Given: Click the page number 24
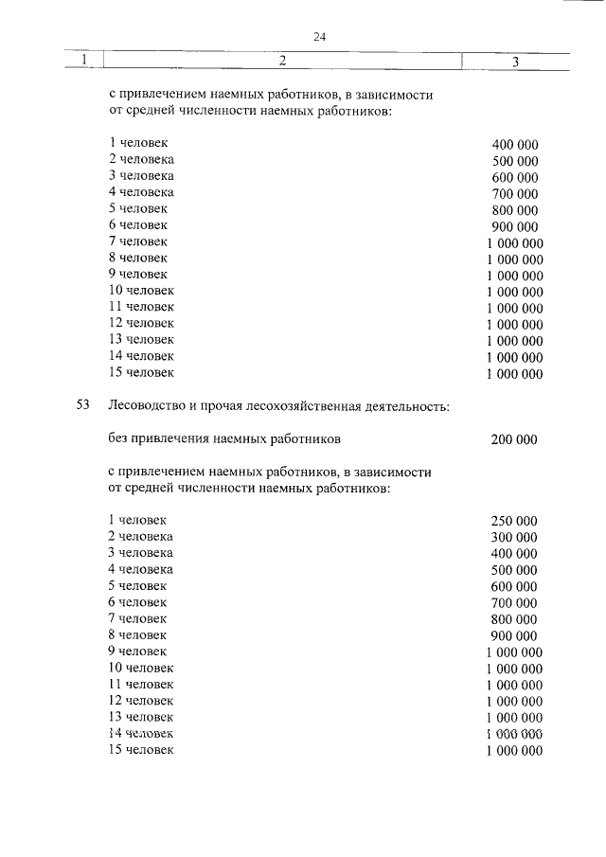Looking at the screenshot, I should coord(319,37).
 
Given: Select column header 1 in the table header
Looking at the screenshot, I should coord(84,61).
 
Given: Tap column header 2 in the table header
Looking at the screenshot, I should coord(282,61).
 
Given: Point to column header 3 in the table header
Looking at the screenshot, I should coord(515,62).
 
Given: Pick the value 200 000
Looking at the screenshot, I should coord(514,439).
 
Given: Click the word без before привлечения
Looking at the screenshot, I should coord(119,439).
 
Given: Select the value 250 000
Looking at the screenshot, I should coord(514,521).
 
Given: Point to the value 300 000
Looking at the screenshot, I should coord(514,537).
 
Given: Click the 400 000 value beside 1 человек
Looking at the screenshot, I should coord(515,144).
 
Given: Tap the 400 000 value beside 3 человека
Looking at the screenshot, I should coord(514,554).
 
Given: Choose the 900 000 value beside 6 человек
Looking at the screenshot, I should coord(515,226).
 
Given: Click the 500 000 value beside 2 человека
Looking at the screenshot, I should coord(515,161).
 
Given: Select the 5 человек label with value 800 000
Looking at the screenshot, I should coord(138,208).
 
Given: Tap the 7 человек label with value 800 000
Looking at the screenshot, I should coord(138,617).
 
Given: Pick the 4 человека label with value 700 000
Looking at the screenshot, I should coord(141,192).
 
